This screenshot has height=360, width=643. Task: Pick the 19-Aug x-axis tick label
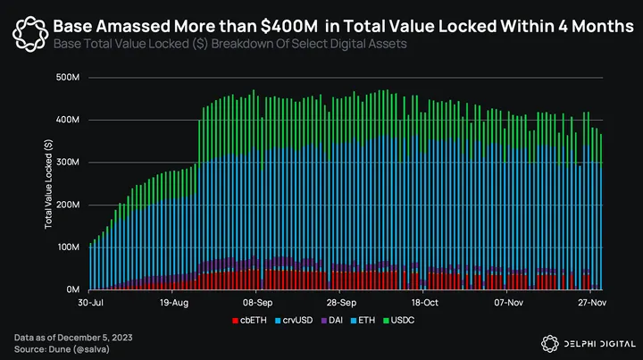[x=174, y=303]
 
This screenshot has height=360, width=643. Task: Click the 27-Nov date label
[x=590, y=303]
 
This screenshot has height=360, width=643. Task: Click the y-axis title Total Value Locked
[x=49, y=183]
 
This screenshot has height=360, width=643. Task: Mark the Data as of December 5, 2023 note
[x=73, y=336]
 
